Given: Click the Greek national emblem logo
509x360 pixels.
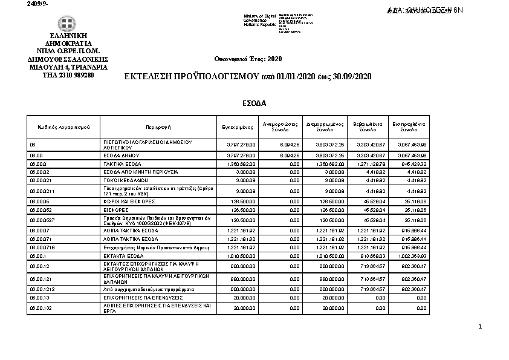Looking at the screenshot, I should click(67, 24).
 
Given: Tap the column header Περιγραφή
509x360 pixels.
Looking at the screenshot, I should click(158, 128).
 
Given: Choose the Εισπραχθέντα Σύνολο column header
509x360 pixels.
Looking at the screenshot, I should click(409, 127).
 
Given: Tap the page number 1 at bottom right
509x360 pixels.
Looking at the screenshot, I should click(479, 327).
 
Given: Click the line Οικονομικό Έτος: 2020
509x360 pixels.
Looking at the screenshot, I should click(248, 59).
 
